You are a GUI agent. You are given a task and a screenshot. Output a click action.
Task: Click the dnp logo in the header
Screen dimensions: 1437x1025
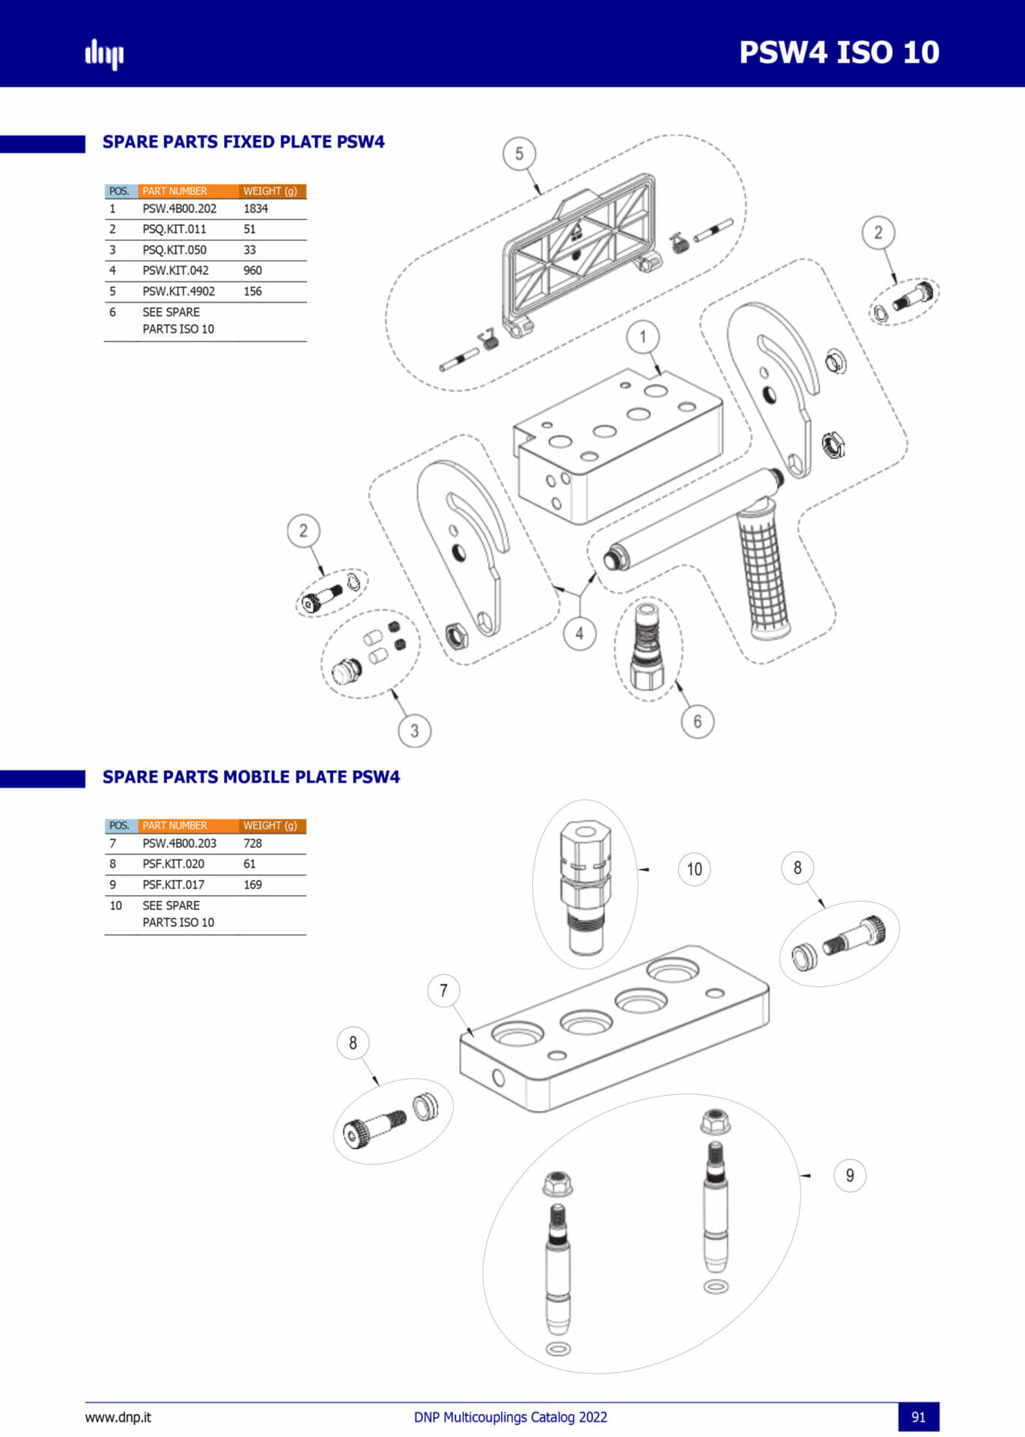104,54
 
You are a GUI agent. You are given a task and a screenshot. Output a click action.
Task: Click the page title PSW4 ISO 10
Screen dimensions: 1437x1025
839,52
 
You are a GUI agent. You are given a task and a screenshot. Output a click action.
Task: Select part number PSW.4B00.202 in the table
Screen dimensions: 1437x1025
179,209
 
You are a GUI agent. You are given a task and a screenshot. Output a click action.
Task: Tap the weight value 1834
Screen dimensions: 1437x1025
255,209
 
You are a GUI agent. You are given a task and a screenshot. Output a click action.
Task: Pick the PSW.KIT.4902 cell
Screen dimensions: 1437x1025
178,291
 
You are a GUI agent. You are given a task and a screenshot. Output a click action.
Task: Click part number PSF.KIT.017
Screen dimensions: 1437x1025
173,885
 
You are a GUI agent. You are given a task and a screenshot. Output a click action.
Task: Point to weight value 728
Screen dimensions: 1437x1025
252,843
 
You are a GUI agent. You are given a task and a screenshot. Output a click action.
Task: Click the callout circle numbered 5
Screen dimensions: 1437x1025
519,154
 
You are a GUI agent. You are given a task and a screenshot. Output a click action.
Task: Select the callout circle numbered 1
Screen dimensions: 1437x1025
642,338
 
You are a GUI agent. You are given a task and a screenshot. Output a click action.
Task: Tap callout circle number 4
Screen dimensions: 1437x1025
579,634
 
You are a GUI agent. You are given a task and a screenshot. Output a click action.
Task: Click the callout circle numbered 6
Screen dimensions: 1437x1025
697,721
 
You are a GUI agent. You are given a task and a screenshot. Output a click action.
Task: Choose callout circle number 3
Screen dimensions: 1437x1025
414,730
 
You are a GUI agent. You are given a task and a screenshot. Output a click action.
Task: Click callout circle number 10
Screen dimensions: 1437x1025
694,870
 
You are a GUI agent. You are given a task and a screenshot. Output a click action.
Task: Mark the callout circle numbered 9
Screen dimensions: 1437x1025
850,1176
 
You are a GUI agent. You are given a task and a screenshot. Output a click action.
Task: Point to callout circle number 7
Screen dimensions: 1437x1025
443,991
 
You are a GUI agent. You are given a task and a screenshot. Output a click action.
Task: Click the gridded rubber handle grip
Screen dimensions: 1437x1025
763,573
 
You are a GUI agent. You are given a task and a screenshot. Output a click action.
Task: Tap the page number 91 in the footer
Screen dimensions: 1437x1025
918,1417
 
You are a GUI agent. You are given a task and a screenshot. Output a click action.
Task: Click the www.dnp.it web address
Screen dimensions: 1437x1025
118,1417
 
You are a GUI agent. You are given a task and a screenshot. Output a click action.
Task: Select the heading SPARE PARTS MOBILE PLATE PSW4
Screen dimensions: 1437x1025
251,777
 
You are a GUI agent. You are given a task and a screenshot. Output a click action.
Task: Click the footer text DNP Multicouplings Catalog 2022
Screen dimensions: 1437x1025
510,1417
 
